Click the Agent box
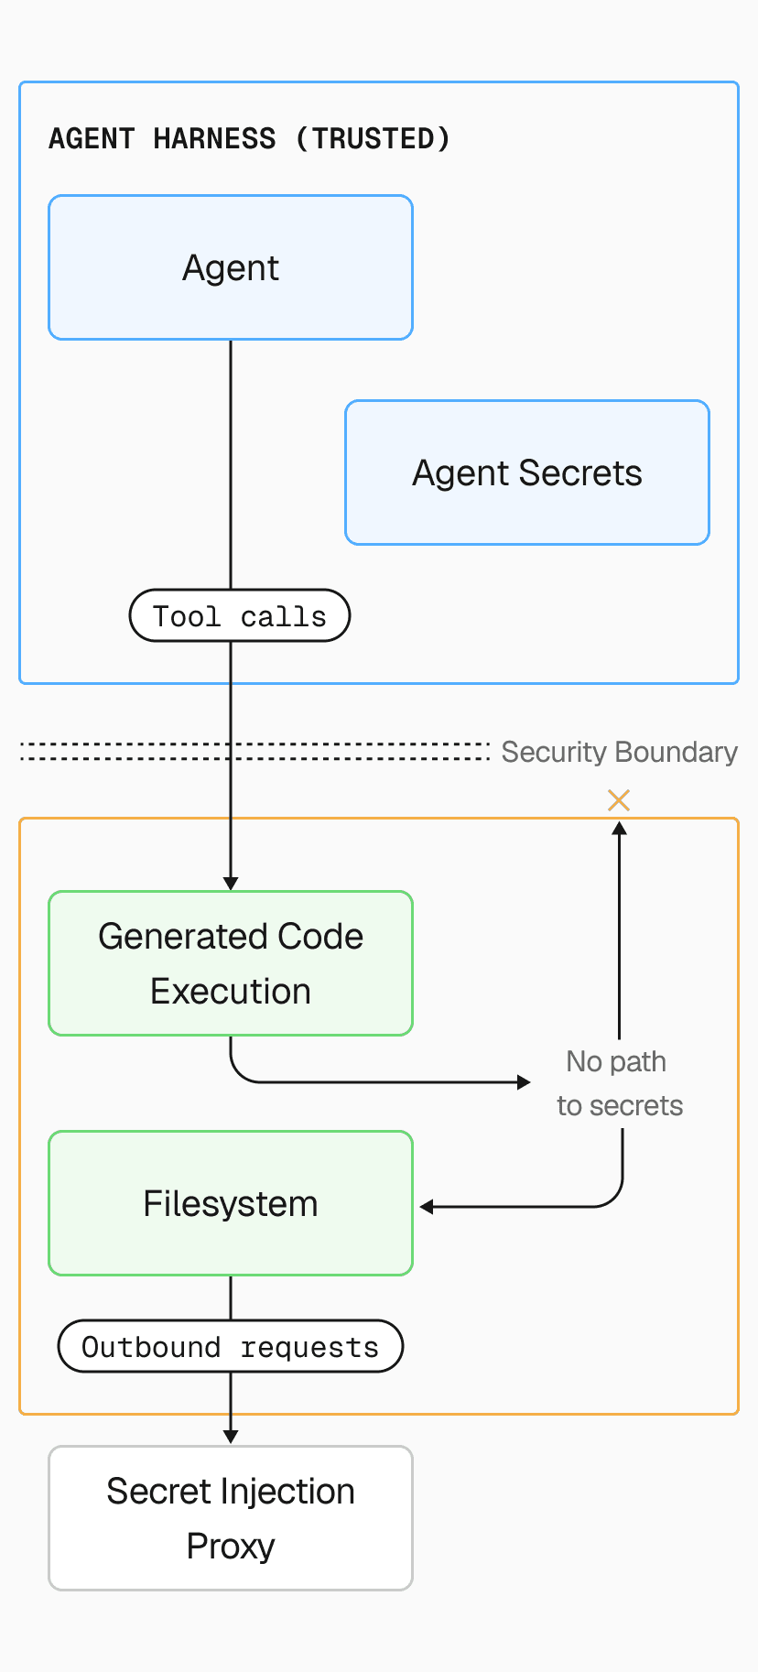[231, 267]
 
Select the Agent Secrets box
[526, 472]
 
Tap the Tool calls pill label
[239, 616]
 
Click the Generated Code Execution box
[231, 963]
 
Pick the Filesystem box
[231, 1203]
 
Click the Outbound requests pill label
[230, 1347]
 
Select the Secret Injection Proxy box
[231, 1518]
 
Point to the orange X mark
[619, 800]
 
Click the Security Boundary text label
[619, 752]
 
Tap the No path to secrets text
[619, 1083]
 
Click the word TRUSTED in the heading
[374, 139]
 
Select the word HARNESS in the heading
[214, 139]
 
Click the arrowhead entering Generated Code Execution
[231, 883]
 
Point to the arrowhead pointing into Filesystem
[427, 1207]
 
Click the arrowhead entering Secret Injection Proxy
[231, 1437]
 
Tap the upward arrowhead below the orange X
[619, 828]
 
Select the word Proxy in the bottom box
[231, 1547]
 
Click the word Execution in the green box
[231, 992]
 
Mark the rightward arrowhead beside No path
[524, 1082]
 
